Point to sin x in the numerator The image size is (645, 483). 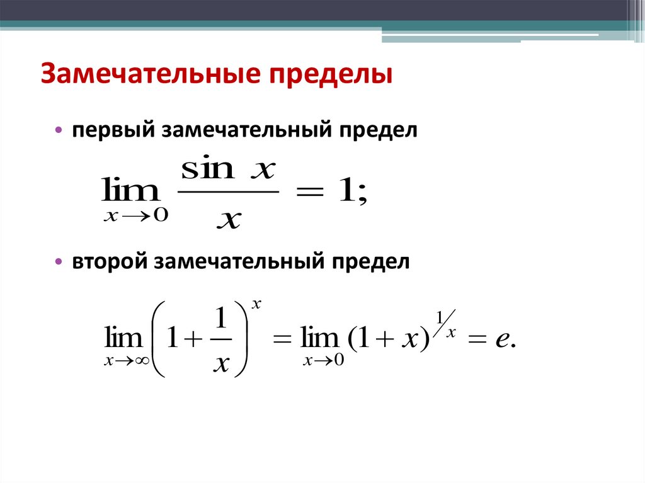click(x=229, y=169)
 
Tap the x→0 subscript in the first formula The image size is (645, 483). click(x=135, y=215)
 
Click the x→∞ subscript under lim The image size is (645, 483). click(x=125, y=361)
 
